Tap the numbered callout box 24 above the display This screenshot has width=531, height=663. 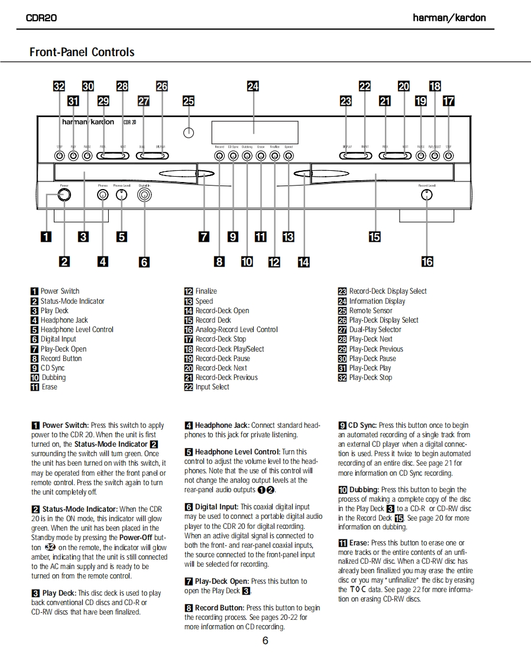pos(253,86)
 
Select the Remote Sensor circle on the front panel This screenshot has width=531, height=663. pos(188,132)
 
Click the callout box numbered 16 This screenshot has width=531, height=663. pos(427,261)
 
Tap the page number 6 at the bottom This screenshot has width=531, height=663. pos(265,641)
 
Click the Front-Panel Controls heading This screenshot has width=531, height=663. pos(82,52)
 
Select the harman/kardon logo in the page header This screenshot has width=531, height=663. pos(449,18)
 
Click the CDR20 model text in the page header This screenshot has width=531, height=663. pos(41,18)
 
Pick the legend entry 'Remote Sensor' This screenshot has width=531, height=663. pos(370,310)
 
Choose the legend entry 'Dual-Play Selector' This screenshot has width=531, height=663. pos(375,330)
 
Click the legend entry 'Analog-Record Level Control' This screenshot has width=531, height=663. pos(236,330)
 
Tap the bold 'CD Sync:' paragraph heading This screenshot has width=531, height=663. pos(362,425)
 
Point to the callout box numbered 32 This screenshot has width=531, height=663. pos(59,86)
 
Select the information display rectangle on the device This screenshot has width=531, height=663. pos(254,132)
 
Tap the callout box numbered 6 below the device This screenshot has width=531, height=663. pos(144,261)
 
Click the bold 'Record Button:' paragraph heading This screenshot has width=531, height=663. pos(219,607)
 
